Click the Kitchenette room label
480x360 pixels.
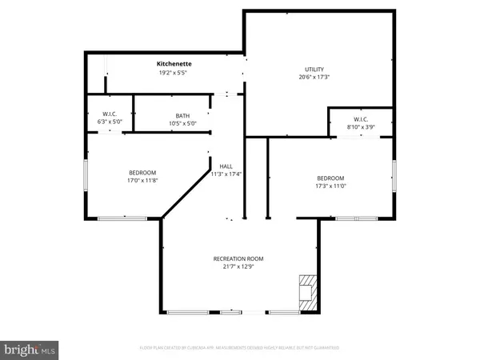click(174, 63)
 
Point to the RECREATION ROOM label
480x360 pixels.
click(238, 258)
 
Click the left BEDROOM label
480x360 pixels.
click(142, 173)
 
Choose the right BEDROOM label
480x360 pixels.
click(330, 178)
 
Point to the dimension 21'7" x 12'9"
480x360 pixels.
click(238, 266)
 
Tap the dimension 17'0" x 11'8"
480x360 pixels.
click(142, 181)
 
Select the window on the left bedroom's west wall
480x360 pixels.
click(86, 177)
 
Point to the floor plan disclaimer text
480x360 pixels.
click(238, 349)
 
